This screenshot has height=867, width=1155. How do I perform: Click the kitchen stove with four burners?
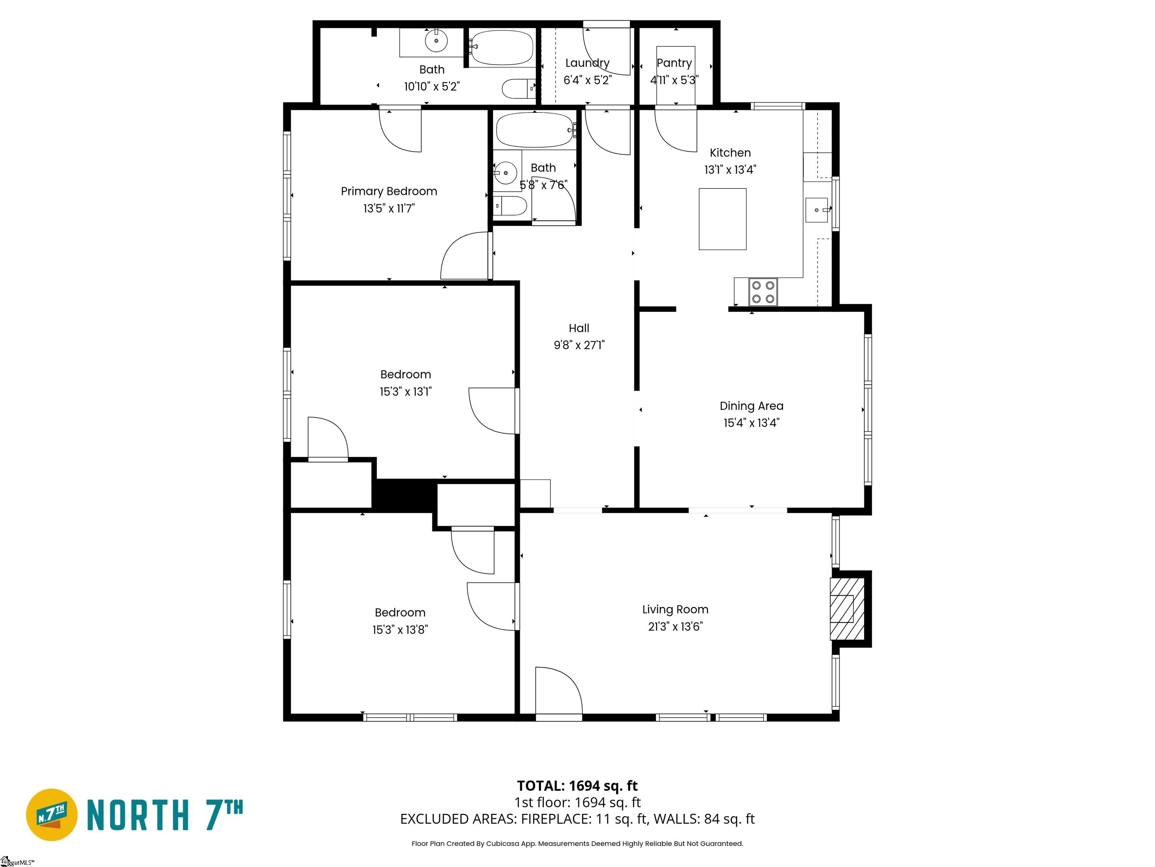point(763,292)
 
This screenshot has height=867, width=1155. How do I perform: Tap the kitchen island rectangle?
point(723,219)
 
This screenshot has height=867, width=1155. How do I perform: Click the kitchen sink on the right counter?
point(817,210)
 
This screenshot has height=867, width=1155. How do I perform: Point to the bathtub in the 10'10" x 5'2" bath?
point(501,47)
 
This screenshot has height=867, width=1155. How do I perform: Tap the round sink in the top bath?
point(436,40)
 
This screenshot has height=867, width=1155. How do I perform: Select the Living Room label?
point(675,609)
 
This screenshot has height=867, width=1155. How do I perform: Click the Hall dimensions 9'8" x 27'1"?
point(579,345)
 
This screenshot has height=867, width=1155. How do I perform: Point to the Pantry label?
point(674,63)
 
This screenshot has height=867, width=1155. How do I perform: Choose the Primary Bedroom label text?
point(389,191)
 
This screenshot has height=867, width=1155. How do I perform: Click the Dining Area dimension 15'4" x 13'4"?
point(751,423)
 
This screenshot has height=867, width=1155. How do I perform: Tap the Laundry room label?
point(587,63)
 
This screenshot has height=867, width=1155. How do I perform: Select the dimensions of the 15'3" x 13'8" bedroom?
point(400,630)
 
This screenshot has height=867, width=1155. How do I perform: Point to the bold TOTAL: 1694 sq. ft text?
point(577,786)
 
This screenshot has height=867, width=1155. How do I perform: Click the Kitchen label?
point(730,153)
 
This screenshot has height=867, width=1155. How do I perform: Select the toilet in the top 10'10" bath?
point(518,89)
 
